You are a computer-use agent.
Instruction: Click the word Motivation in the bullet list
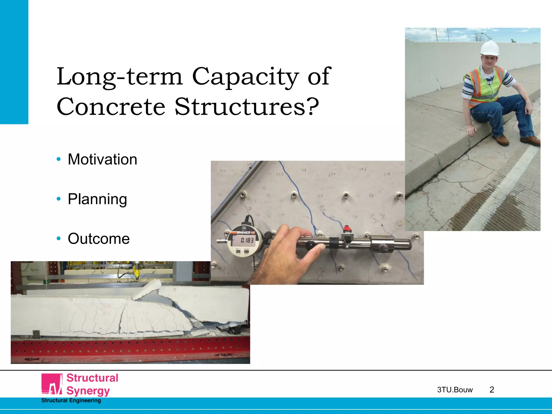coord(102,159)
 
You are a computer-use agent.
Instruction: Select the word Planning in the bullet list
coord(97,199)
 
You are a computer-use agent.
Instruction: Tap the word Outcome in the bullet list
coord(99,239)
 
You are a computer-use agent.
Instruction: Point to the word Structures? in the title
coord(247,106)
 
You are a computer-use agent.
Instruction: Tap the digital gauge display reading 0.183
coord(247,240)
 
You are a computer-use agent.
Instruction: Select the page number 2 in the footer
coord(492,390)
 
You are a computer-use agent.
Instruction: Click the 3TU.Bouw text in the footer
coord(455,390)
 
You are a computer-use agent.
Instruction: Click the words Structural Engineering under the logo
coord(71,401)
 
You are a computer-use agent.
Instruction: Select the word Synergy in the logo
coord(88,391)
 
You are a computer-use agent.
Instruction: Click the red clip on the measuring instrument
coord(347,229)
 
